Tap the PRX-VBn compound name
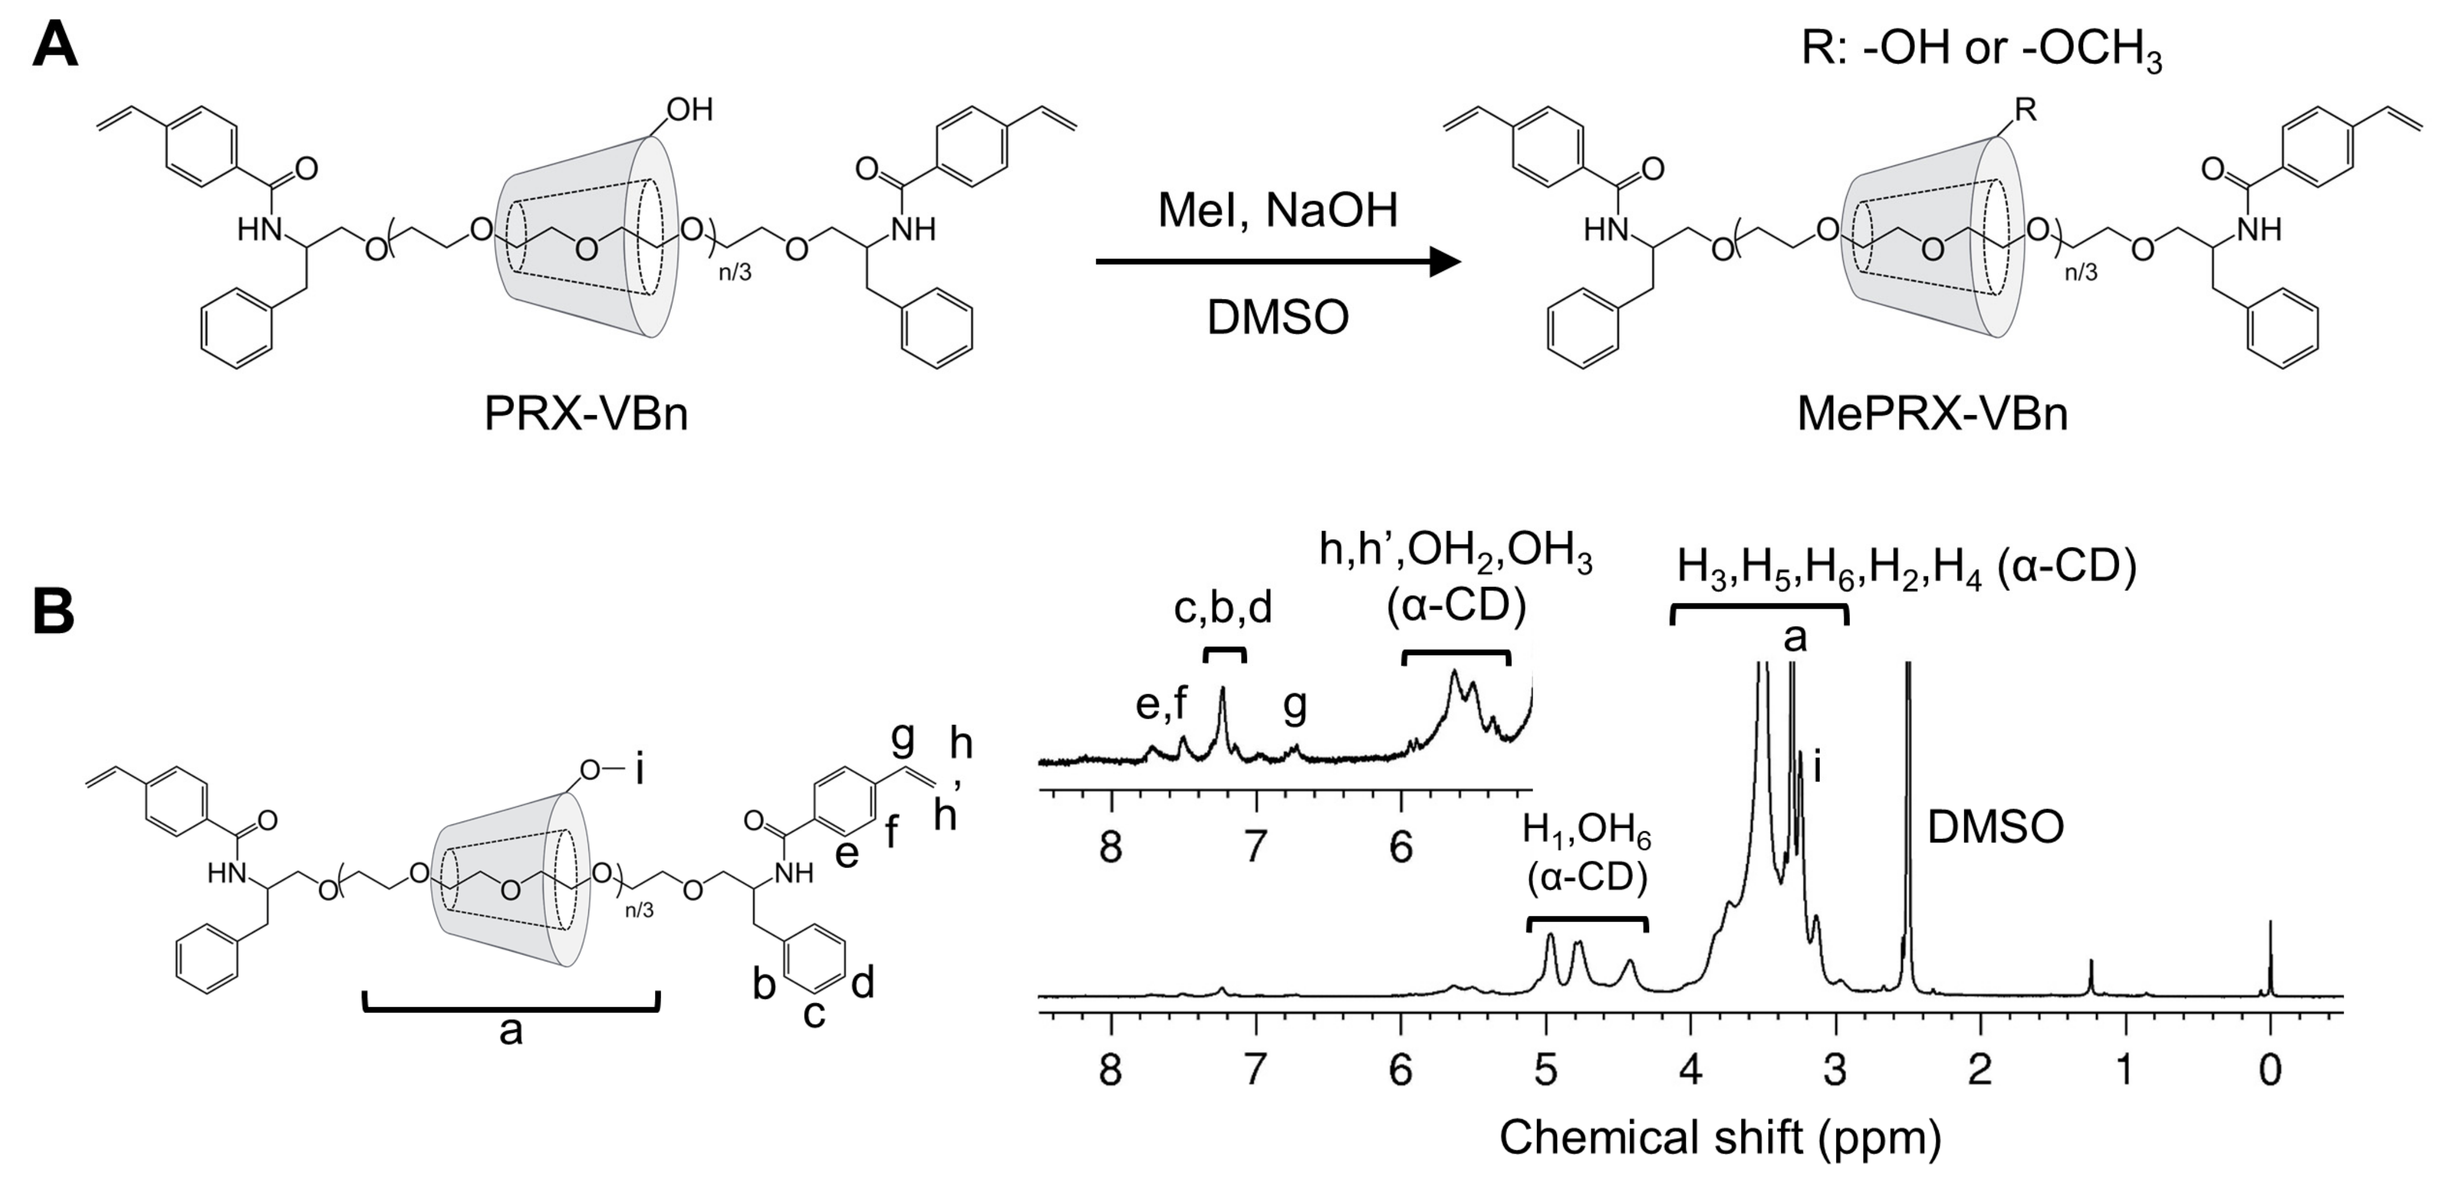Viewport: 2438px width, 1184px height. (x=586, y=414)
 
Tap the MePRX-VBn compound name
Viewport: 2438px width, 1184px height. (x=1932, y=414)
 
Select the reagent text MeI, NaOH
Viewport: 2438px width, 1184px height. (x=1278, y=210)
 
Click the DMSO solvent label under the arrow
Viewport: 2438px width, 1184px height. (x=1278, y=318)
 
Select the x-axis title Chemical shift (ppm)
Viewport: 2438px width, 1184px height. (x=1719, y=1137)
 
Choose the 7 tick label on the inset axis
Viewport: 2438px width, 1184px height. (x=1256, y=846)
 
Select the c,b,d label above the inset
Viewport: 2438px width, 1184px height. (x=1223, y=608)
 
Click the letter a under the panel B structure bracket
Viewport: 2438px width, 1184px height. (x=511, y=1031)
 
